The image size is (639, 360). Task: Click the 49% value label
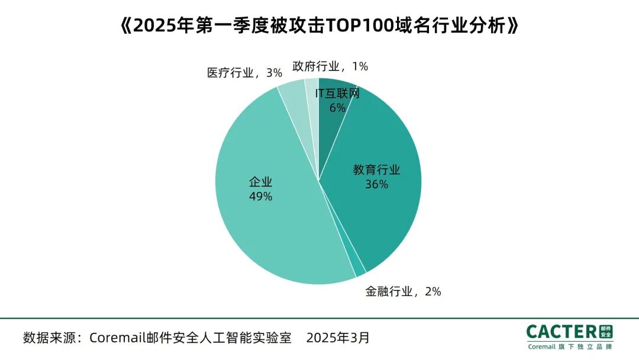tap(260, 197)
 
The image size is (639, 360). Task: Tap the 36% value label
tap(376, 184)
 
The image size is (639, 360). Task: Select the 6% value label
tap(337, 108)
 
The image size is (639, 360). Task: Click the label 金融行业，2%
tap(403, 291)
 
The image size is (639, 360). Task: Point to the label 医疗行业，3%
tap(244, 73)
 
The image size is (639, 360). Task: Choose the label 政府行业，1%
tap(330, 66)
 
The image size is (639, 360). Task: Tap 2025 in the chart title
tap(151, 26)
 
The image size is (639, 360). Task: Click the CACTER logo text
tap(563, 332)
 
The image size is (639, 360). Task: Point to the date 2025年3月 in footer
tap(338, 338)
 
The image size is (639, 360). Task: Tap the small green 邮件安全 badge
tap(606, 332)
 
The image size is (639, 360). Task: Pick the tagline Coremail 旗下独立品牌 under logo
tap(570, 347)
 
